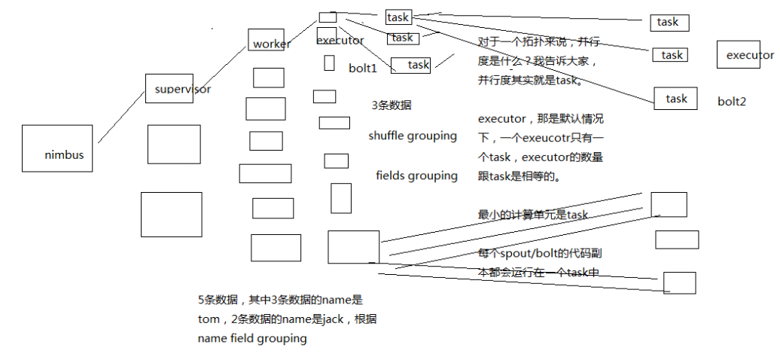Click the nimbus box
tap(57, 148)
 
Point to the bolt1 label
tap(362, 69)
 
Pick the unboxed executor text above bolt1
tap(340, 41)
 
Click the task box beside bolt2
tap(676, 99)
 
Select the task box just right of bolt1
tap(410, 66)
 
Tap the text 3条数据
tap(391, 106)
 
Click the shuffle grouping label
tap(413, 136)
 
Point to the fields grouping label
tap(416, 176)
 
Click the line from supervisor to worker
tap(218, 68)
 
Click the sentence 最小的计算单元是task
tap(532, 215)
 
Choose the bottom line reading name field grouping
tap(252, 339)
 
